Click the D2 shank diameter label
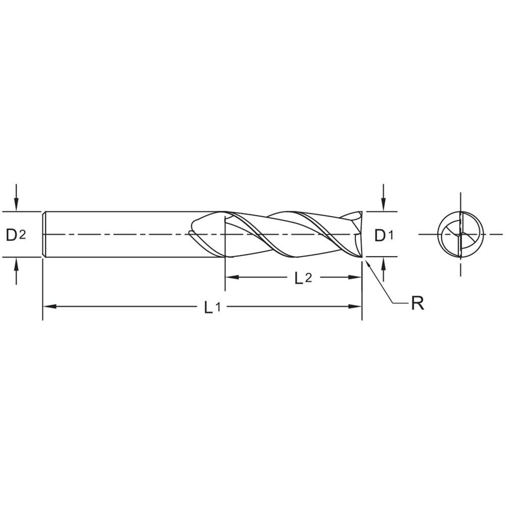point(16,235)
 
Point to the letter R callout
point(417,304)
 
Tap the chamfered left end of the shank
point(44,234)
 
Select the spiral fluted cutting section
point(293,234)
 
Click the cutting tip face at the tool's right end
point(360,234)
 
